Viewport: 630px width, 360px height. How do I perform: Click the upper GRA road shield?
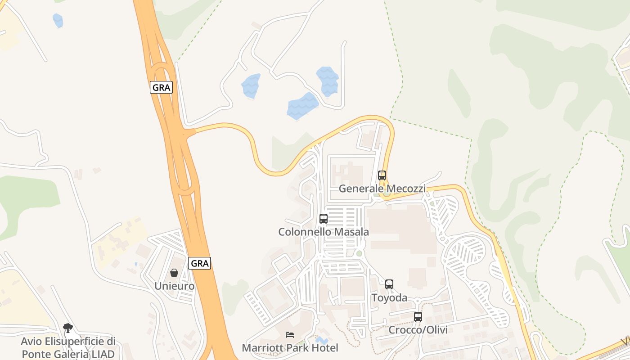click(161, 87)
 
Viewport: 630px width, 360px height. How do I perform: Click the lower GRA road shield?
click(199, 263)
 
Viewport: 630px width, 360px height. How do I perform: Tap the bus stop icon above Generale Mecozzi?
click(382, 175)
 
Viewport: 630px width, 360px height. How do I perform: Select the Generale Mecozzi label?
click(382, 189)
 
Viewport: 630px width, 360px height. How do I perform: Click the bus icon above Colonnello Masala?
click(324, 219)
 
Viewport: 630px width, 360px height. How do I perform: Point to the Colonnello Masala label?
click(324, 232)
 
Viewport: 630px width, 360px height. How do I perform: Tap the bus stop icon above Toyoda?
click(389, 284)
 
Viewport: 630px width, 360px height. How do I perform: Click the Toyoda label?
click(389, 298)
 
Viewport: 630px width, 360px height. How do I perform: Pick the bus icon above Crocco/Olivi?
click(418, 317)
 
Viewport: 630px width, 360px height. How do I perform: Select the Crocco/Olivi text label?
click(418, 330)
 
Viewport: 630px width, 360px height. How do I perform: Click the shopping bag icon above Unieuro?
click(174, 273)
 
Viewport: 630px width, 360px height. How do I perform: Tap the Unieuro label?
click(174, 286)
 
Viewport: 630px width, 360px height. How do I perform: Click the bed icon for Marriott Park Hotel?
click(290, 335)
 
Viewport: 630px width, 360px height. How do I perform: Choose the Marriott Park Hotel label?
click(290, 348)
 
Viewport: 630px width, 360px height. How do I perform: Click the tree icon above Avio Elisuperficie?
click(68, 328)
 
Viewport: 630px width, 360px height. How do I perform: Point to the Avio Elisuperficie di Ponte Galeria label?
click(68, 347)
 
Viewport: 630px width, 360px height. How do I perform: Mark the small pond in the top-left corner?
click(58, 20)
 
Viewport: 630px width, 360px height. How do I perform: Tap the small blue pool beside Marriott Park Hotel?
click(322, 341)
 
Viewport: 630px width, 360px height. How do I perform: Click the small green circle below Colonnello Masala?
click(359, 253)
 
